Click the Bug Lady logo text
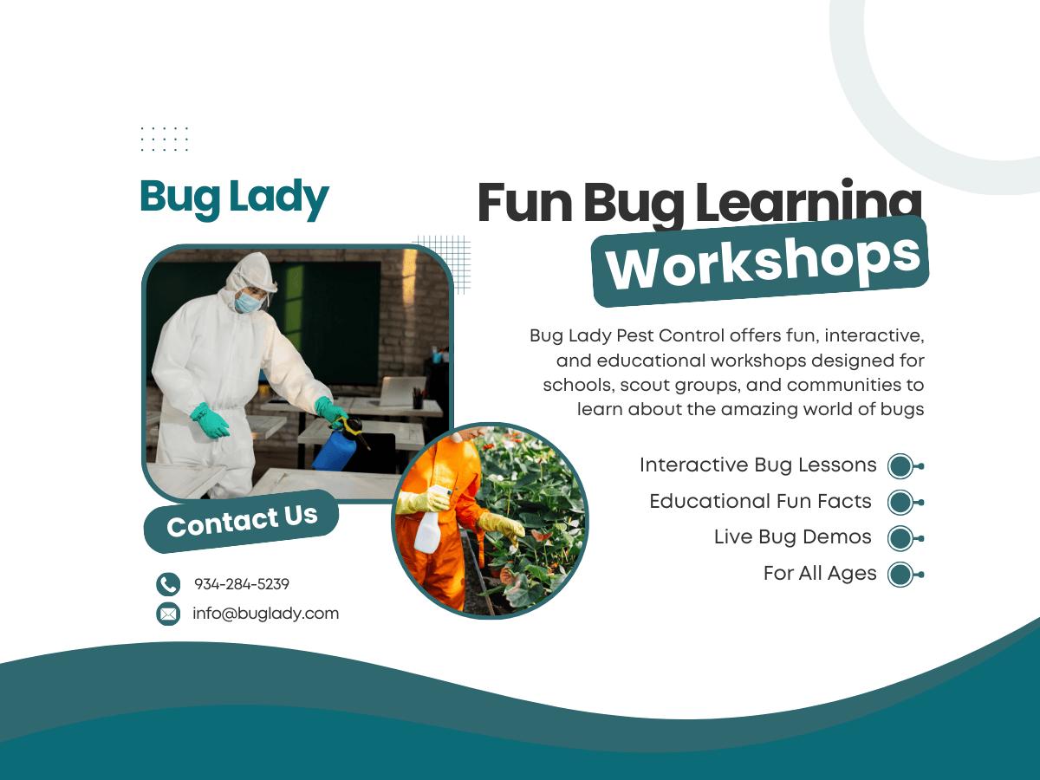[235, 198]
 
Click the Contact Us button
[242, 521]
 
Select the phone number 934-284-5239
[242, 584]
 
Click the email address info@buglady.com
[266, 614]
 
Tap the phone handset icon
[168, 584]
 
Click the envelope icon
[168, 614]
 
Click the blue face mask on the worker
[247, 302]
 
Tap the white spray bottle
[429, 523]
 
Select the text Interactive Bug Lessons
[757, 465]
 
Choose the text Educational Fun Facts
[760, 501]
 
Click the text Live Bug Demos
[793, 537]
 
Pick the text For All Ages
[820, 574]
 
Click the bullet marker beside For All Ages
[905, 575]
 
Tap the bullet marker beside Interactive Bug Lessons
[905, 466]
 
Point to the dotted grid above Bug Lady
[165, 139]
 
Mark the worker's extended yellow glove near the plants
[501, 527]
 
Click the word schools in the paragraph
[579, 386]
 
